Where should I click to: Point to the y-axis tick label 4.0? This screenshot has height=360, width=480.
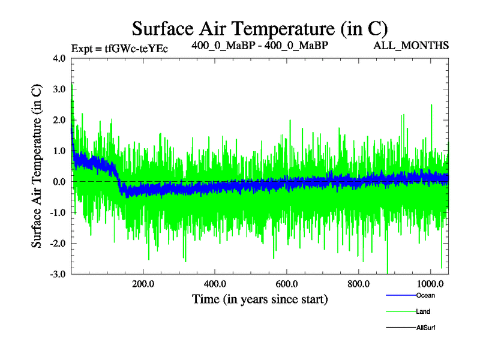click(60, 59)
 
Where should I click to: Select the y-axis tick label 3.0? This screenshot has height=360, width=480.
click(60, 89)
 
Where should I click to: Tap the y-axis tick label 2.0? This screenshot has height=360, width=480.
click(60, 120)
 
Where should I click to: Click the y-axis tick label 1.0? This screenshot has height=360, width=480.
click(60, 151)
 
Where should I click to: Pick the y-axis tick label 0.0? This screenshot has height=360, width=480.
click(60, 181)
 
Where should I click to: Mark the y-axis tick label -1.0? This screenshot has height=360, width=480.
click(59, 212)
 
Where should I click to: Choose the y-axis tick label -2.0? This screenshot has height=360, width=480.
click(59, 243)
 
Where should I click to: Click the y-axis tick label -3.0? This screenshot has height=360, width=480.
click(59, 274)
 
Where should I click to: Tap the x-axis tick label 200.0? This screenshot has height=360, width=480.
click(143, 284)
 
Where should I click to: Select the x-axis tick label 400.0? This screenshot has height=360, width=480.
click(215, 284)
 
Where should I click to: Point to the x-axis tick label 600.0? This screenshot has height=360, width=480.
click(287, 284)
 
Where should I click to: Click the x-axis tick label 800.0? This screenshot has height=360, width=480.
click(358, 284)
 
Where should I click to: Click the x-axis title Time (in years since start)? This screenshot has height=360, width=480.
click(260, 298)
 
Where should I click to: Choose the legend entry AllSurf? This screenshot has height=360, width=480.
click(426, 328)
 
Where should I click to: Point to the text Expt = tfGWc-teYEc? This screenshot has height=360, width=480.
click(119, 48)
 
